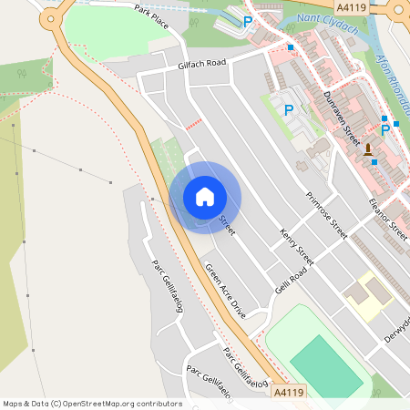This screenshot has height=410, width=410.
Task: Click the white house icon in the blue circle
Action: point(205,197)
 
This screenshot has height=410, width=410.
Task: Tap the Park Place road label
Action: point(153,14)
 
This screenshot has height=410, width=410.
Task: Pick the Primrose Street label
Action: point(326,215)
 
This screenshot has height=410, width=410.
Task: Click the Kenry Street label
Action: point(296,247)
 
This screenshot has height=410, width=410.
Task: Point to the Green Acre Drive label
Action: point(225,289)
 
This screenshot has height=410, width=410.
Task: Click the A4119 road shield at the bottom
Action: point(289,392)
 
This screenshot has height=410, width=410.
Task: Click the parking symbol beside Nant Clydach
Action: point(247,22)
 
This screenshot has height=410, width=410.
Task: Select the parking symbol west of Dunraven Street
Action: point(289,110)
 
